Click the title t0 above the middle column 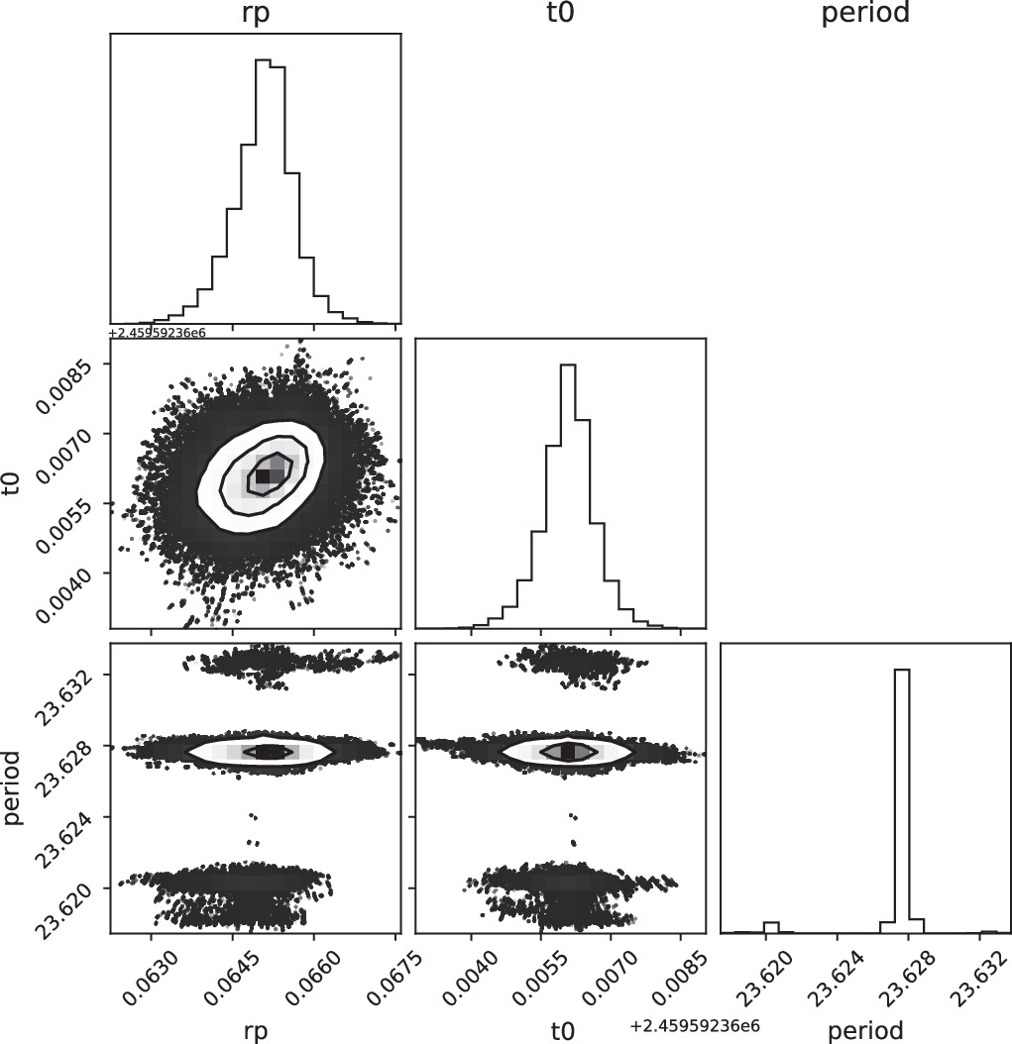[x=559, y=15]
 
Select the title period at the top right [x=864, y=15]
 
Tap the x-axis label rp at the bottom [x=256, y=1030]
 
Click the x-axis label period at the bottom [x=864, y=1030]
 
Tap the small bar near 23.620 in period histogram [x=771, y=928]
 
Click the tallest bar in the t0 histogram [x=567, y=495]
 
